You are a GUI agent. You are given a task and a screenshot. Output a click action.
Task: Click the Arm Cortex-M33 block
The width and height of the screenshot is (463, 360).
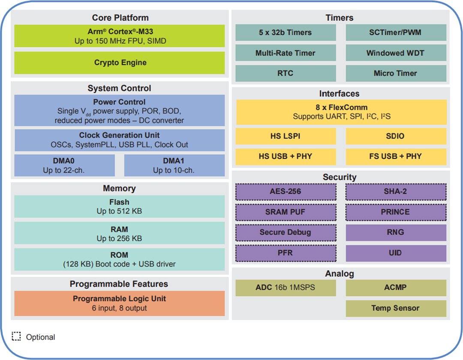tap(120, 36)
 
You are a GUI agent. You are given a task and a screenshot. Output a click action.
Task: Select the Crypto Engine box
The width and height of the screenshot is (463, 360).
tap(120, 63)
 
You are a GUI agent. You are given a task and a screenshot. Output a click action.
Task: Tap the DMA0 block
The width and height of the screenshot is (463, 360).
tap(64, 165)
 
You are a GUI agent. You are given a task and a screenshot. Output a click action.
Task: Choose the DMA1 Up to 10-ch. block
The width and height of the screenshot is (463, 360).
tap(174, 165)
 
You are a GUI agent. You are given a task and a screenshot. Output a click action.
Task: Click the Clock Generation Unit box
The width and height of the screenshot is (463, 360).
tap(120, 140)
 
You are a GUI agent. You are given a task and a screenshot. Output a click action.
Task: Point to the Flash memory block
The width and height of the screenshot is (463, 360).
tap(120, 206)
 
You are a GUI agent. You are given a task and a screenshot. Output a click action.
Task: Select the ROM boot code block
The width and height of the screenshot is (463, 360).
tap(120, 259)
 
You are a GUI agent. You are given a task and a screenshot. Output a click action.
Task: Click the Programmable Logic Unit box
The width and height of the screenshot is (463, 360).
tap(120, 303)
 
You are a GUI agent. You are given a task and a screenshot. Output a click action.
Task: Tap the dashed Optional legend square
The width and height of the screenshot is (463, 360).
tap(16, 336)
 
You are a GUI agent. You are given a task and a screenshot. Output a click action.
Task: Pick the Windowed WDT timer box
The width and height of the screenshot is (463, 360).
tap(395, 53)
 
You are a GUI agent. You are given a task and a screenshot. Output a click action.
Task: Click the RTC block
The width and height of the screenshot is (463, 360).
tap(286, 73)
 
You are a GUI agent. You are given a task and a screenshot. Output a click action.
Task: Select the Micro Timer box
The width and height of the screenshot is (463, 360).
tap(395, 73)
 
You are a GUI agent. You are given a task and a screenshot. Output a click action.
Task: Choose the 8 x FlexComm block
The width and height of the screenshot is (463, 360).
tap(341, 112)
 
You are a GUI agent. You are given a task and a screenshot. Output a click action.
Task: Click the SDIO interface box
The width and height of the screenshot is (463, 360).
tap(395, 136)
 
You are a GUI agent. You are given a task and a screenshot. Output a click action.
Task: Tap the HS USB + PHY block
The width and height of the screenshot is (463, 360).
tap(286, 156)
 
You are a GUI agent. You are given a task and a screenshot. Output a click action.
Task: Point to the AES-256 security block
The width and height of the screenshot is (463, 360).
tap(286, 192)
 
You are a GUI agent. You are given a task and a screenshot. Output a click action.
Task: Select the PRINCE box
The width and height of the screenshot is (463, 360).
tap(395, 212)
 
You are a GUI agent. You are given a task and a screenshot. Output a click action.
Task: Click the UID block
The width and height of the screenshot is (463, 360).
tap(395, 253)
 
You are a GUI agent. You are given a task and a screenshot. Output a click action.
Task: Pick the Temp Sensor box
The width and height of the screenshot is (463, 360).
tap(395, 308)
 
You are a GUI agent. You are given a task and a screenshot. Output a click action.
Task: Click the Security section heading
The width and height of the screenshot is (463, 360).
tap(340, 177)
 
